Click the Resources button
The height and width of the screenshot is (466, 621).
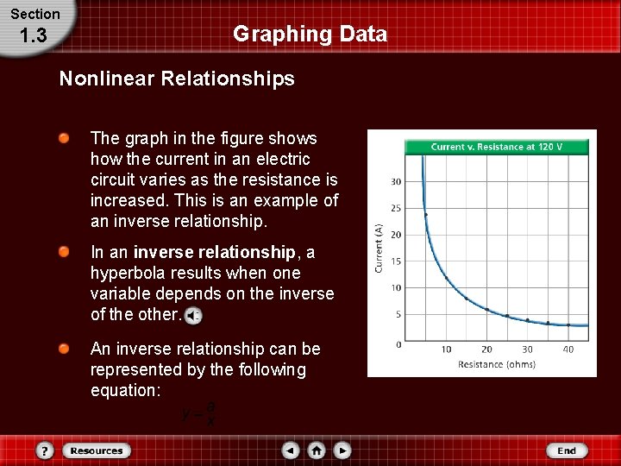96,450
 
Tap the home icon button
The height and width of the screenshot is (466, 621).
317,450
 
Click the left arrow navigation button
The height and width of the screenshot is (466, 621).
291,450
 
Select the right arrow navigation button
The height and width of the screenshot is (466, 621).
342,450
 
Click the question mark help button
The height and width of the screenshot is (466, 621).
46,450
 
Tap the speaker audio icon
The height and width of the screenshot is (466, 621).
194,315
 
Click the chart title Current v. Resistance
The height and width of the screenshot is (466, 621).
497,147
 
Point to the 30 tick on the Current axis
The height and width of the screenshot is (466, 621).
396,181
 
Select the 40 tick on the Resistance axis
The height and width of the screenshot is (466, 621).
568,349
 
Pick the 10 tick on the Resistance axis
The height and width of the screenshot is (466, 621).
446,349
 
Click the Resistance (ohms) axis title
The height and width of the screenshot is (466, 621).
497,364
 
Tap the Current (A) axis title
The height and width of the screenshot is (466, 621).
378,249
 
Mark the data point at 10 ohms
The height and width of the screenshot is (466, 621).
446,278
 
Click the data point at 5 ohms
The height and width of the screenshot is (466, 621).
426,214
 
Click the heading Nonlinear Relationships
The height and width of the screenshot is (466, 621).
177,79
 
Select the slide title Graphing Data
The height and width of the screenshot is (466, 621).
310,35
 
